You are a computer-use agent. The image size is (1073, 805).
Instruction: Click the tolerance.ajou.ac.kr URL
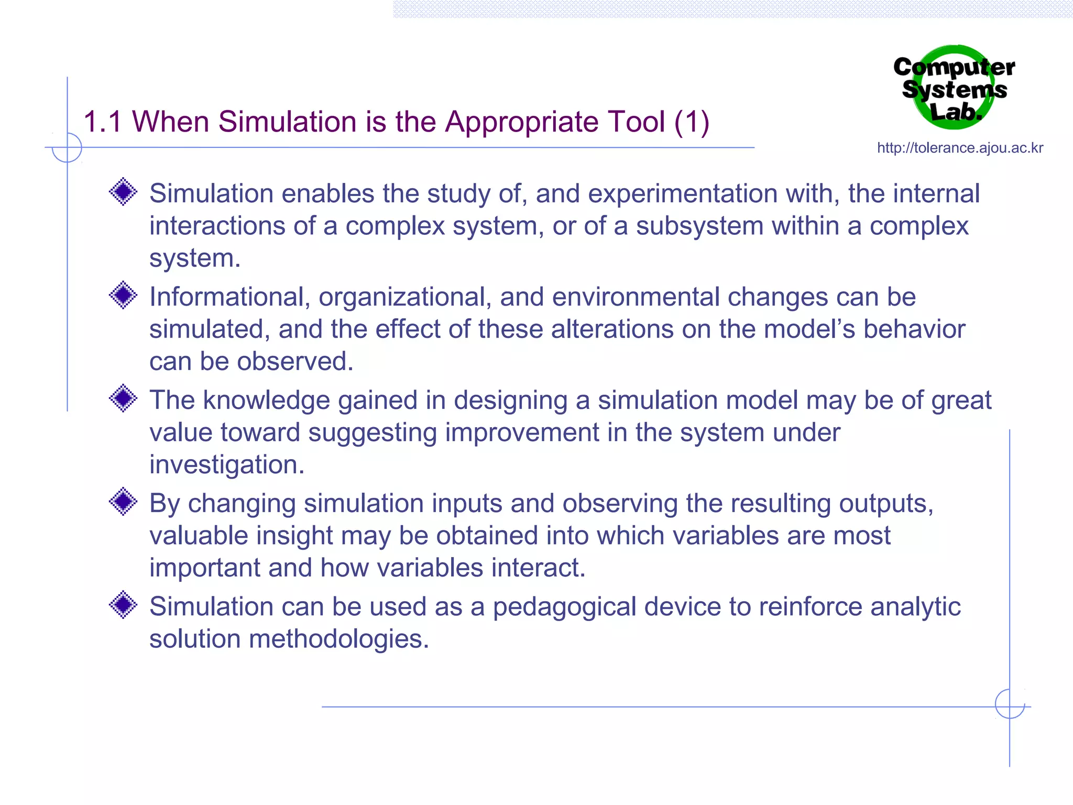[960, 148]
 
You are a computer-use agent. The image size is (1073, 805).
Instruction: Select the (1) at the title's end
[692, 122]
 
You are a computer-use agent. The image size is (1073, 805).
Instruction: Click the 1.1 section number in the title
[103, 122]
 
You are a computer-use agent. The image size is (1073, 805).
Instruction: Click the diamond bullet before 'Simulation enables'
[123, 192]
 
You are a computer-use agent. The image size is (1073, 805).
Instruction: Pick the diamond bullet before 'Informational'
[123, 295]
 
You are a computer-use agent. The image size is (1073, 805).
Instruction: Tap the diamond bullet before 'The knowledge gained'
[123, 398]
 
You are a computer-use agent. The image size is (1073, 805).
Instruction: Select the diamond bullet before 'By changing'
[123, 502]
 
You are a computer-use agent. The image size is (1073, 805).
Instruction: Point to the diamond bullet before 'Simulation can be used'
[123, 605]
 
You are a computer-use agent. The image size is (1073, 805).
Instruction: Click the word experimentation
[682, 194]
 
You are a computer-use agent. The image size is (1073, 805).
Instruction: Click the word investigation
[226, 465]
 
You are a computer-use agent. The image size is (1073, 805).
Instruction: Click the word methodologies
[338, 639]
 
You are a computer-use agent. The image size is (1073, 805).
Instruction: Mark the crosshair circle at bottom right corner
[1010, 704]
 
